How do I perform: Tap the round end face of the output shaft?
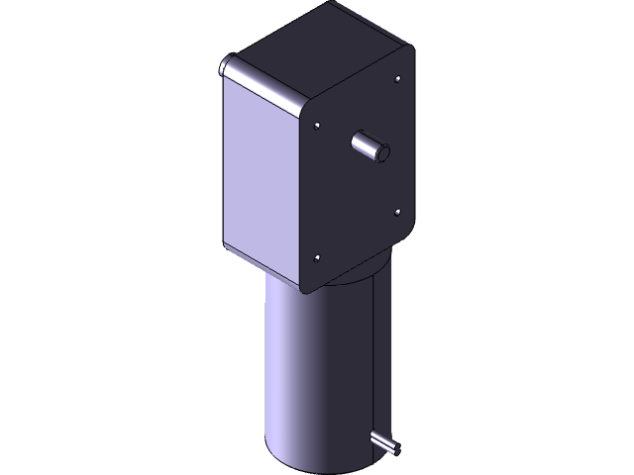382,153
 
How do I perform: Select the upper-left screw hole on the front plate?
315,126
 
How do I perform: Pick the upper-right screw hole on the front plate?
397,78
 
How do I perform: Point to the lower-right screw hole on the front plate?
397,211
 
